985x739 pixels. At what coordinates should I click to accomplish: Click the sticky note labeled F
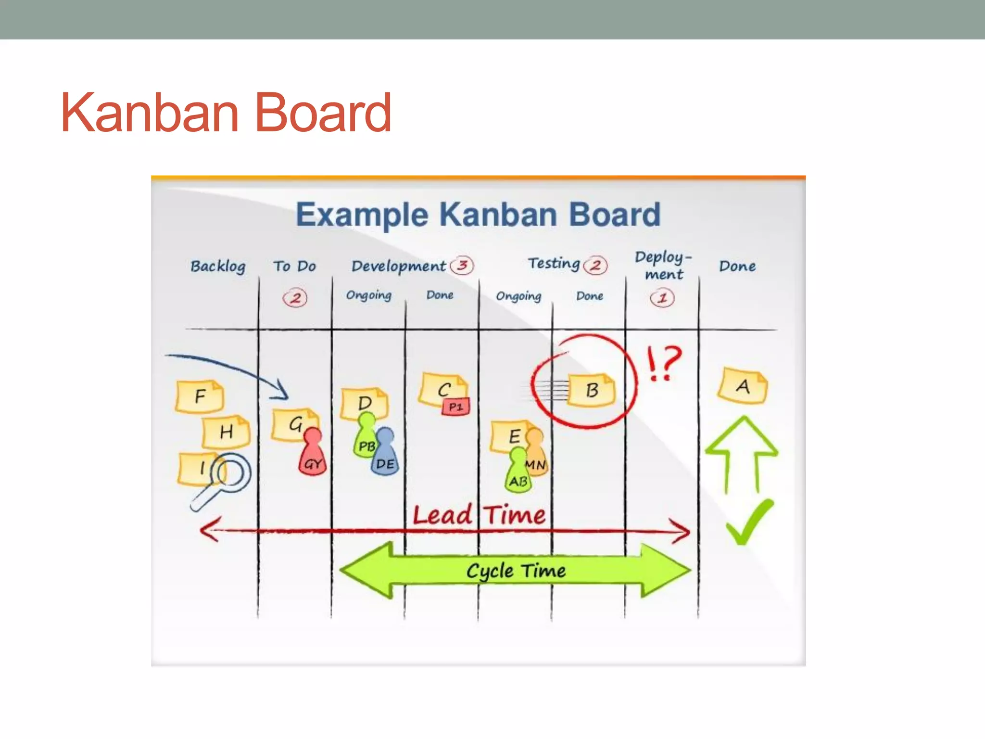(199, 396)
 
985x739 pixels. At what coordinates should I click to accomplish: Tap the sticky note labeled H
(226, 432)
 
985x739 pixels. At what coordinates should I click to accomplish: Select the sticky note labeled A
(742, 386)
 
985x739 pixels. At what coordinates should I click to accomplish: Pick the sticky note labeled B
(592, 390)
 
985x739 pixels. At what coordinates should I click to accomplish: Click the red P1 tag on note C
(455, 407)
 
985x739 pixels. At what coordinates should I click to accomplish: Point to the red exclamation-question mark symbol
(664, 363)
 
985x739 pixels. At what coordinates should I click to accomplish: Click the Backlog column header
(218, 266)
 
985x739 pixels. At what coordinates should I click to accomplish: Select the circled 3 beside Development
(462, 265)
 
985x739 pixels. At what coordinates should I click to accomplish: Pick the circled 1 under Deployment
(662, 298)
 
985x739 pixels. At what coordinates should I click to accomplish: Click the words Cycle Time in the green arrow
(516, 571)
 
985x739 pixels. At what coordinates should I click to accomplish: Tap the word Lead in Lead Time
(442, 515)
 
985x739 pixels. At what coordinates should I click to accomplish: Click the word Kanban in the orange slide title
(150, 113)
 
